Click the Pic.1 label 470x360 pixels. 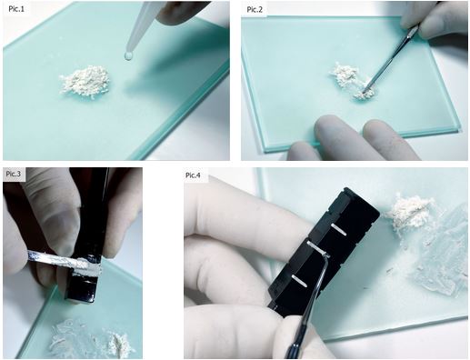16,9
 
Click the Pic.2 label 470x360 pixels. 255,9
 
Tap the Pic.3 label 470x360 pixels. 14,174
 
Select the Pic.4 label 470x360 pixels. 193,175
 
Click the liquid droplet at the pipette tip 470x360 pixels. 128,55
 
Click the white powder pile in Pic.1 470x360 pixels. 85,80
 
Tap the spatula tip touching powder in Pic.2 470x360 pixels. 364,90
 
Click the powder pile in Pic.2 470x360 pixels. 353,80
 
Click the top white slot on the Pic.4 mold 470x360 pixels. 339,229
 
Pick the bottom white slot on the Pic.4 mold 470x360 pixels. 299,280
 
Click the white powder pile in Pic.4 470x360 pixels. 410,212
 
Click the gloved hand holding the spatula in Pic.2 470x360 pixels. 434,21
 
